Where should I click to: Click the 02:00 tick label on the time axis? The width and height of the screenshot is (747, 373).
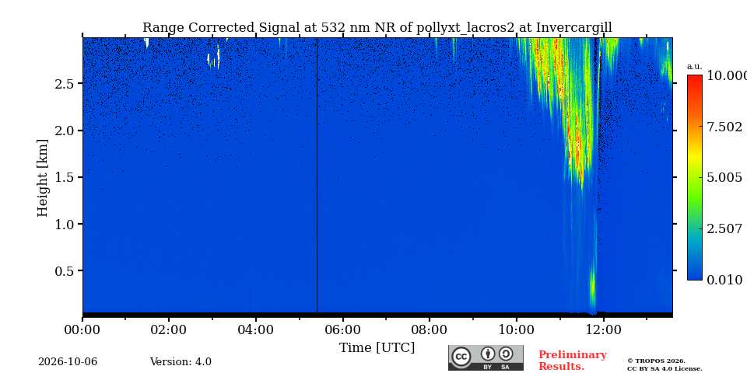[169, 329]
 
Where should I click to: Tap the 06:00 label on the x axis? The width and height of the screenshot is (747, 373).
[342, 329]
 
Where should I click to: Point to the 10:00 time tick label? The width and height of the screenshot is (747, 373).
[516, 329]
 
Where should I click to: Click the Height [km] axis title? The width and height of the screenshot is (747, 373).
[43, 178]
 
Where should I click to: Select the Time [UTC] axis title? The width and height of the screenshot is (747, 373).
[377, 348]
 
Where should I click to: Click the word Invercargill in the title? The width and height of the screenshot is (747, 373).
[574, 28]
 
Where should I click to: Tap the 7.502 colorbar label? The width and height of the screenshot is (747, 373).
[724, 127]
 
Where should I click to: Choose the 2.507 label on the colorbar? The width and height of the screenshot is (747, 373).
[724, 228]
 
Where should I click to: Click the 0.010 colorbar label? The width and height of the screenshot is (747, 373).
[724, 280]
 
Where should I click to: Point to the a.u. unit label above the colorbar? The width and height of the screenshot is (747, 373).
[695, 67]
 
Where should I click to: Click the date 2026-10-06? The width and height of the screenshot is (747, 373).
[68, 362]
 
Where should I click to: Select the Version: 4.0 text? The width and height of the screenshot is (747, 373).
[181, 362]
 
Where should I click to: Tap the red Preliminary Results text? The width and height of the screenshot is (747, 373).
[573, 361]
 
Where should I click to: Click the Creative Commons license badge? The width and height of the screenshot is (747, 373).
[486, 357]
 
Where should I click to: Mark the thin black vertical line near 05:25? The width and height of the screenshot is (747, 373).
[317, 175]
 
